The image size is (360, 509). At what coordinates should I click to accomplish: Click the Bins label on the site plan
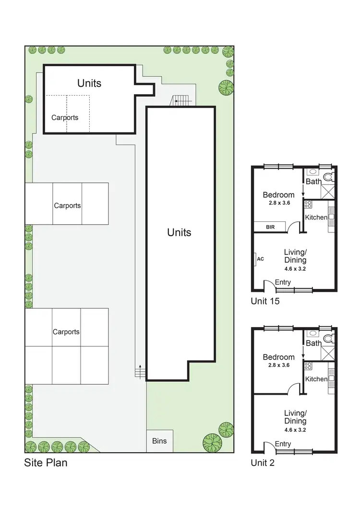pyautogui.click(x=159, y=440)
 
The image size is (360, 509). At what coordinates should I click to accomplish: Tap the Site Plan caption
pyautogui.click(x=46, y=463)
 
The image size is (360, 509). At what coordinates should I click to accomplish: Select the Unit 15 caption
pyautogui.click(x=265, y=302)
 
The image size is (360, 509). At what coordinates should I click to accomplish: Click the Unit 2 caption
pyautogui.click(x=263, y=463)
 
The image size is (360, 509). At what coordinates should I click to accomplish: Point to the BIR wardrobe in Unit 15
pyautogui.click(x=270, y=227)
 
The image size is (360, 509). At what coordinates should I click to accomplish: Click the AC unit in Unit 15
pyautogui.click(x=260, y=259)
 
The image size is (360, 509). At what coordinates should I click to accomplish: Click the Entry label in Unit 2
pyautogui.click(x=283, y=444)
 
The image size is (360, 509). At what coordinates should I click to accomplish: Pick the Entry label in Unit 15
pyautogui.click(x=283, y=282)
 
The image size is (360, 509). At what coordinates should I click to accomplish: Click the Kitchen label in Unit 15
pyautogui.click(x=316, y=218)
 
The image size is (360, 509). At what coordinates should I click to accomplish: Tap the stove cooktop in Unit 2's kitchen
pyautogui.click(x=308, y=366)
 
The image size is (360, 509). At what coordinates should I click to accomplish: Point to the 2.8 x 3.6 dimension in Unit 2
pyautogui.click(x=278, y=365)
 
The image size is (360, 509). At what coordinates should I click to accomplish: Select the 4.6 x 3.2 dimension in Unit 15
pyautogui.click(x=295, y=269)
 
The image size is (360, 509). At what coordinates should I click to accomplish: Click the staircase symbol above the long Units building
pyautogui.click(x=182, y=100)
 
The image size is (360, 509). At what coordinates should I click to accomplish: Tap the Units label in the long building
pyautogui.click(x=179, y=232)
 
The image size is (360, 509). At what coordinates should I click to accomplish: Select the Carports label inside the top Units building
pyautogui.click(x=65, y=117)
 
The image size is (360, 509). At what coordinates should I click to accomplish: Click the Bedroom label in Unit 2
pyautogui.click(x=278, y=357)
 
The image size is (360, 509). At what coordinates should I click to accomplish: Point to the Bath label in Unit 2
pyautogui.click(x=313, y=343)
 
